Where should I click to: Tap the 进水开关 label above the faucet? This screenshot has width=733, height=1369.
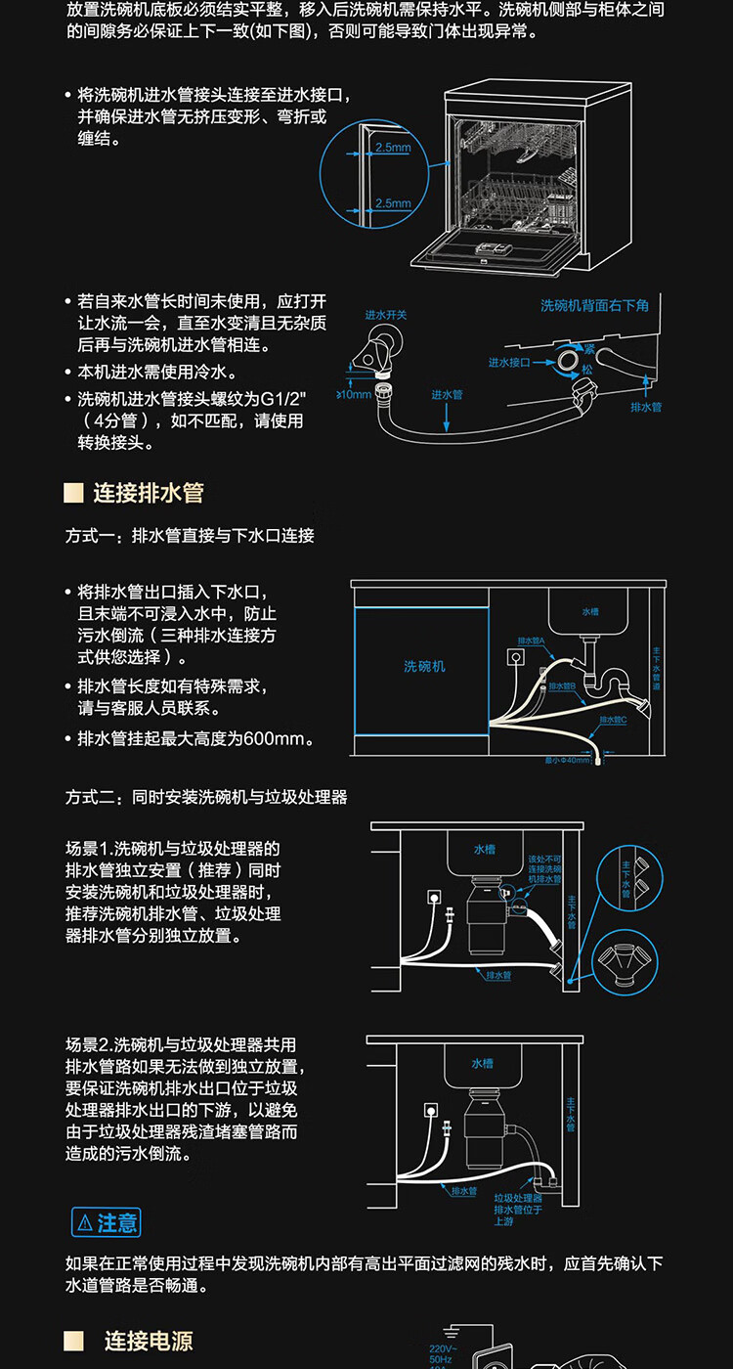[x=386, y=315]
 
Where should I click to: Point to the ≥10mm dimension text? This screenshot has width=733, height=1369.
[x=354, y=395]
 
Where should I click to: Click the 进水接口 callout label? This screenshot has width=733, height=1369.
[x=508, y=362]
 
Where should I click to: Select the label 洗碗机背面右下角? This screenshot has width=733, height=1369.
[x=594, y=306]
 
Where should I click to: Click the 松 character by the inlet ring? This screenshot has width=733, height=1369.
[x=586, y=370]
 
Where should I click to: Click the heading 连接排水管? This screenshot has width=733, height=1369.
[x=149, y=492]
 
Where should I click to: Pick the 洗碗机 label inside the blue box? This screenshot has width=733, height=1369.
[x=424, y=666]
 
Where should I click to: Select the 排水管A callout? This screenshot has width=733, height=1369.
[x=532, y=642]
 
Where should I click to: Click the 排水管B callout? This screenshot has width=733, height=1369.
[x=562, y=686]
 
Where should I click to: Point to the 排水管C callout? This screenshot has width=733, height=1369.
[x=611, y=720]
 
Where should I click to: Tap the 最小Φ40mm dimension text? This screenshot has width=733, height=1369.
[x=569, y=760]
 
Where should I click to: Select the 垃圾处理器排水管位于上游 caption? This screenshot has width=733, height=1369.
[x=517, y=1209]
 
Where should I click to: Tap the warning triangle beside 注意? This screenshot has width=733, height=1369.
[x=85, y=1222]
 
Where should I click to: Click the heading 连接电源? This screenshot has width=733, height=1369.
[x=149, y=1341]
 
